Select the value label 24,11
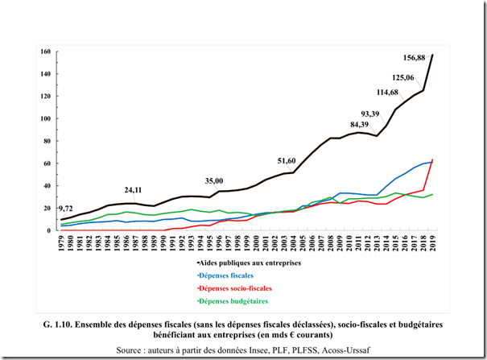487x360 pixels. click(133, 190)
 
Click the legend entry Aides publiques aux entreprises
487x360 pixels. click(250, 262)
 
